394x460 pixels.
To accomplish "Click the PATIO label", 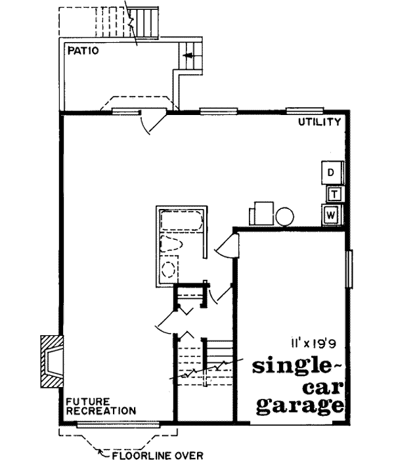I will pyautogui.click(x=83, y=51).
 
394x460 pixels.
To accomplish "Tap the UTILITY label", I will pyautogui.click(x=319, y=122).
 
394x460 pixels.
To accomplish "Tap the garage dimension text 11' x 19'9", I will pyautogui.click(x=313, y=342).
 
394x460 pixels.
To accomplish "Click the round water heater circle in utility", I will pyautogui.click(x=285, y=216).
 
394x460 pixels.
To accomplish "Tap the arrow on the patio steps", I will pyautogui.click(x=190, y=57).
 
